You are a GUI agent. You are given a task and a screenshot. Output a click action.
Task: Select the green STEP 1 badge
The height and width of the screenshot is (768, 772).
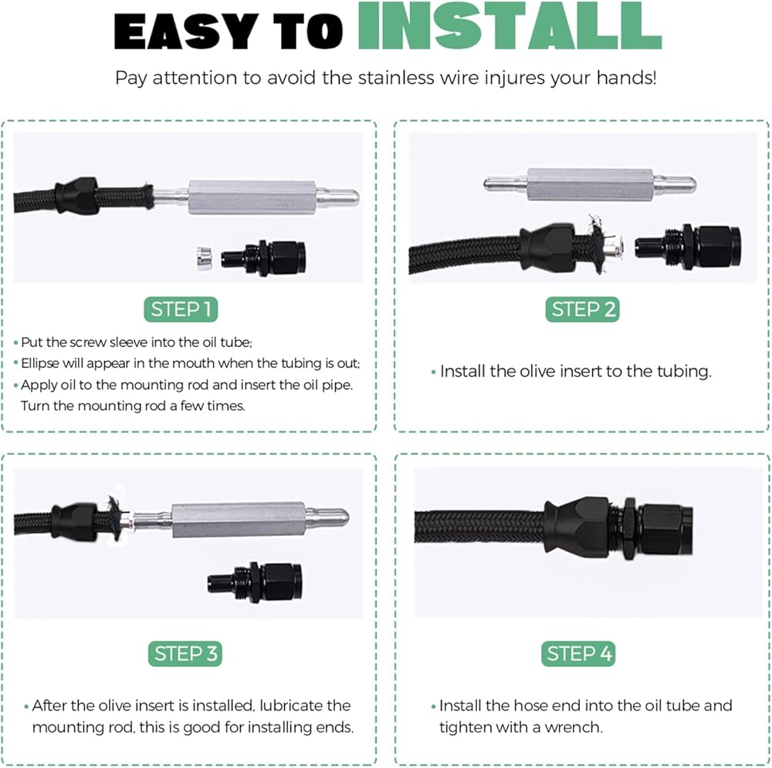coord(181,309)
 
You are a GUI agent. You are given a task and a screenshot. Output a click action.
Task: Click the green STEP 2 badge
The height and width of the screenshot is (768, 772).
coord(582,309)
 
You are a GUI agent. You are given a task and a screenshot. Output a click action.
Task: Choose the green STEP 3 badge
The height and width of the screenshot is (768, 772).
coord(185,653)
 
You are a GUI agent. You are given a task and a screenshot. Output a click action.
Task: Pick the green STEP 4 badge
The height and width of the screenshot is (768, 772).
coord(578,653)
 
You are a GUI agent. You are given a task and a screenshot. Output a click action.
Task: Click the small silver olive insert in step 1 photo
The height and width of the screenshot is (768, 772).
coord(203,258)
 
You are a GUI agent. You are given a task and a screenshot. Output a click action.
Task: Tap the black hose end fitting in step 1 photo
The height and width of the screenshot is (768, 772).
coord(263,257)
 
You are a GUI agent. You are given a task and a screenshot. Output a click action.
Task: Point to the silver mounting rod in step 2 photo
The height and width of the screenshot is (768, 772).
coord(590,184)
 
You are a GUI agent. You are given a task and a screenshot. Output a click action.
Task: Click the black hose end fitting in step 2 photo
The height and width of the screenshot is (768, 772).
coord(687,246)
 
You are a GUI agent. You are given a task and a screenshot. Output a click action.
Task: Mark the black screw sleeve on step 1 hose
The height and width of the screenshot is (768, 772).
coord(76,196)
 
